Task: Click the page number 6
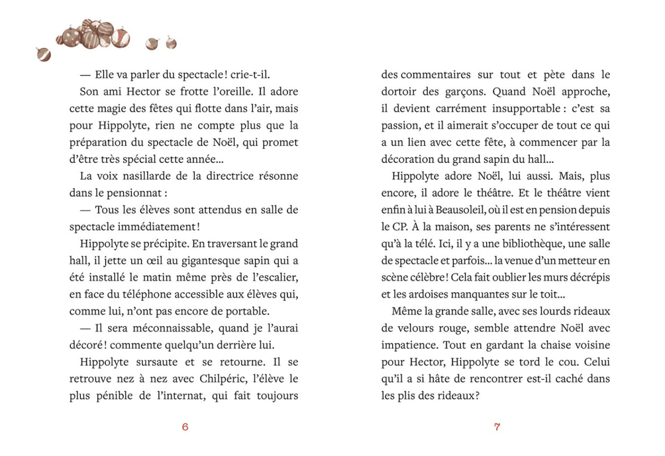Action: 185,427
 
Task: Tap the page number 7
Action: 497,427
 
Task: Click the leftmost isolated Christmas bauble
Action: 44,54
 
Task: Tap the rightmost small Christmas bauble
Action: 171,43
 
